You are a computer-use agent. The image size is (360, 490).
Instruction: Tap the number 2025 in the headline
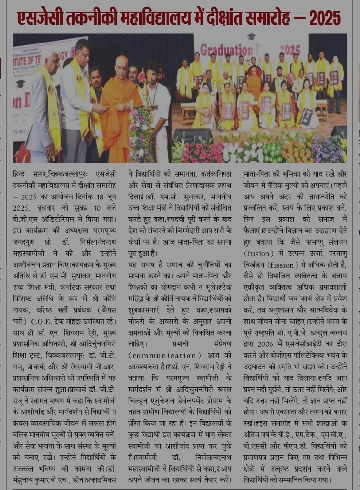tap(325, 18)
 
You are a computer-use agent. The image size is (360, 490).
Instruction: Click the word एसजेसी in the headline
tap(40, 18)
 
